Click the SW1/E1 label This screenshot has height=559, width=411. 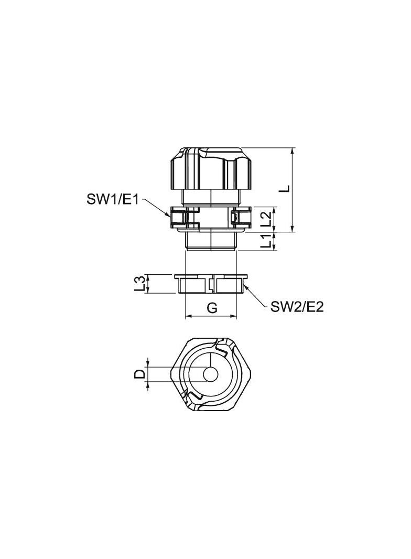pyautogui.click(x=113, y=199)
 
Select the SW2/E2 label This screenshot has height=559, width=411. pyautogui.click(x=297, y=307)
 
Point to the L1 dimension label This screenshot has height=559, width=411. pyautogui.click(x=267, y=241)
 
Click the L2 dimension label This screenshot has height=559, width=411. pyautogui.click(x=266, y=219)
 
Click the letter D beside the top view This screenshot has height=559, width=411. pyautogui.click(x=140, y=374)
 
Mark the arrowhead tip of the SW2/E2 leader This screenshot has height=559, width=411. pyautogui.click(x=244, y=284)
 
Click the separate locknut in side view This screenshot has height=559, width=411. pyautogui.click(x=211, y=284)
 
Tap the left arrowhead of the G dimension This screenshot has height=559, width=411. pyautogui.click(x=187, y=317)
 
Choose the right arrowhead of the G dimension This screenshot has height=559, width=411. pyautogui.click(x=236, y=317)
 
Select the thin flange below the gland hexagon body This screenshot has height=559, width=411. pyautogui.click(x=211, y=229)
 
